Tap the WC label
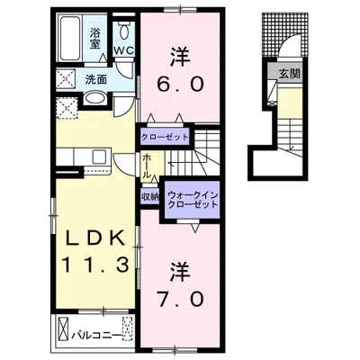tap(123, 50)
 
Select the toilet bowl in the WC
tap(123, 30)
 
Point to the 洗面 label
tap(96, 79)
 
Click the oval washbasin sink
tap(94, 98)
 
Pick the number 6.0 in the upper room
tap(180, 85)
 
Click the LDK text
tap(94, 239)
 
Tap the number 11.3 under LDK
tap(95, 265)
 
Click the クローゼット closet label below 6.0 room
tap(165, 138)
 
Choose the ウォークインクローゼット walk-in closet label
tap(193, 200)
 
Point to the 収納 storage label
tap(150, 197)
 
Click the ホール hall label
tap(147, 166)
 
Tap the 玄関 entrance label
tap(290, 74)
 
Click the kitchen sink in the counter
tap(99, 157)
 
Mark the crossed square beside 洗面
tap(66, 78)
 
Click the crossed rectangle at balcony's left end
tap(63, 328)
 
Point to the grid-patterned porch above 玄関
tap(284, 34)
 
